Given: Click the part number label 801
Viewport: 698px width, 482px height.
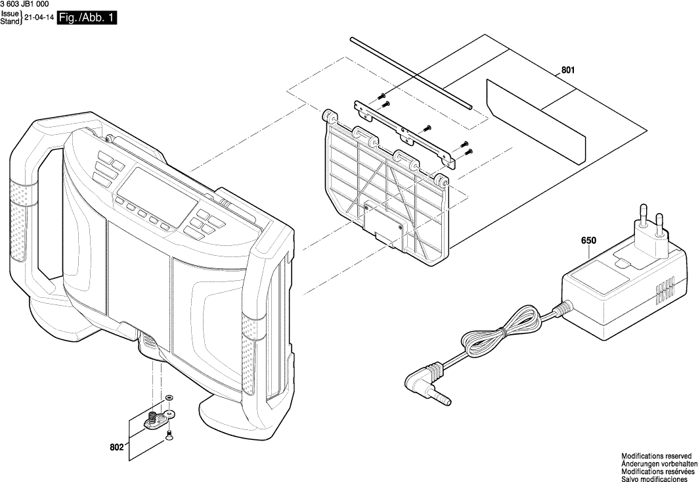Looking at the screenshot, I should (x=568, y=70).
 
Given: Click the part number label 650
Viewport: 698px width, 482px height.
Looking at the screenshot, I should (x=588, y=240).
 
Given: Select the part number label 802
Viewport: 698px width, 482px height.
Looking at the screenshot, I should (x=116, y=448).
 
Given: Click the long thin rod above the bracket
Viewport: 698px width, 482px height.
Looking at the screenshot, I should (x=410, y=72).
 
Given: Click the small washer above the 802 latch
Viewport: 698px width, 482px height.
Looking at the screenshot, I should (x=169, y=398).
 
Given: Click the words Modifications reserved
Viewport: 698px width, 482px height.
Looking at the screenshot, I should (x=656, y=456).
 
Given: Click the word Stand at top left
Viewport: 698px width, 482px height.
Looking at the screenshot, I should (x=10, y=22).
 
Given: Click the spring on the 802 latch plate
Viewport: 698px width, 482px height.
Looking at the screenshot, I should (x=152, y=416).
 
